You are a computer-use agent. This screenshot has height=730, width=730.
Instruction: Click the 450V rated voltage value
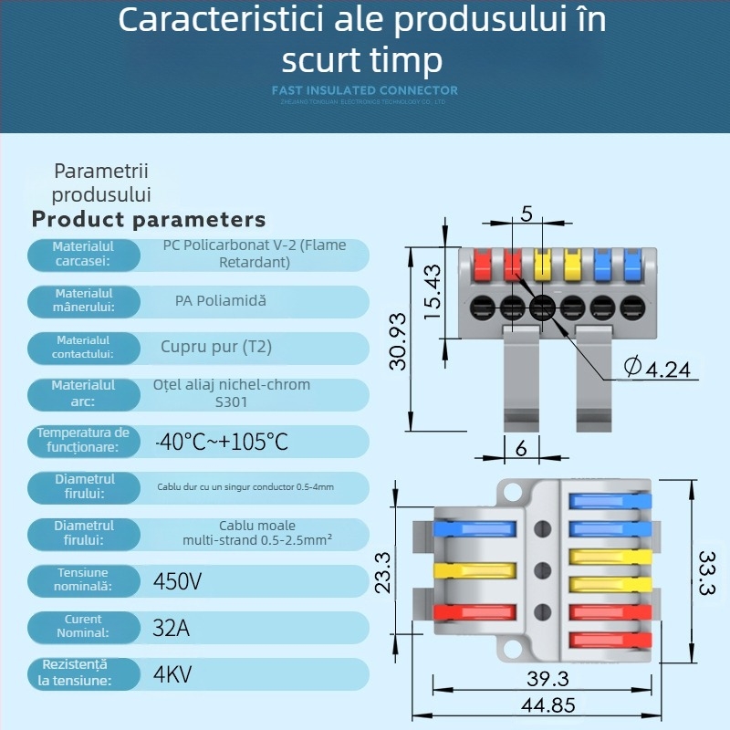point(177,580)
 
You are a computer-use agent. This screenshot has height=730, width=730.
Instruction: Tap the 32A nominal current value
point(172,627)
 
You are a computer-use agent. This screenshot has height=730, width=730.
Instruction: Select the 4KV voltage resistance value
point(172,674)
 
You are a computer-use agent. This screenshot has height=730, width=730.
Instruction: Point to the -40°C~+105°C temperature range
point(222,443)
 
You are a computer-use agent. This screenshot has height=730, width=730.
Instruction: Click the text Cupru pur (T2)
point(216,347)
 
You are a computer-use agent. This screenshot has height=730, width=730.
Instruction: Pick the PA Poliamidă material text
point(221,300)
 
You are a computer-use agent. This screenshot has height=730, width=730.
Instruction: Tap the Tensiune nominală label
point(83,579)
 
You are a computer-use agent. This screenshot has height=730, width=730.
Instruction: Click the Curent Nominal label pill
point(83,626)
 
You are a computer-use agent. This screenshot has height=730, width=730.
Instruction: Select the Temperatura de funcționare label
point(83,440)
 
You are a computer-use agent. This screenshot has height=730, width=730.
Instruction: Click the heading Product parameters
point(149,219)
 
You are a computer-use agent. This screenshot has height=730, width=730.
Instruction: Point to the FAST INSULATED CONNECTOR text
point(365,90)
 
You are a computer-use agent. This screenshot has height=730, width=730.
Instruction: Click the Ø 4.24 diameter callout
point(657,368)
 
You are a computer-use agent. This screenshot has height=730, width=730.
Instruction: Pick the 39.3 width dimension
point(547,679)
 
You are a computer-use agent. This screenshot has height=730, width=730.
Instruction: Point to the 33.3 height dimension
point(706,572)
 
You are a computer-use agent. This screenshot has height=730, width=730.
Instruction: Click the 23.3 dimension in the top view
point(382,572)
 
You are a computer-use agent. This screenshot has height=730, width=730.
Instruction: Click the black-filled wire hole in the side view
point(542,307)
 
